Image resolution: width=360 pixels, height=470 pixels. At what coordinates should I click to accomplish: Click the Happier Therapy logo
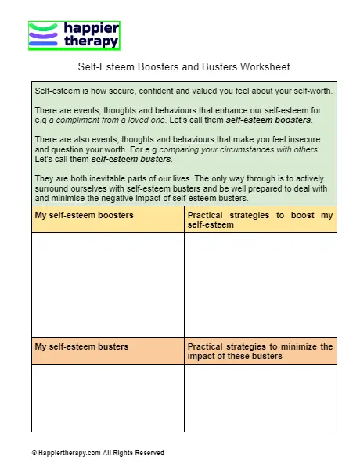pos(74,35)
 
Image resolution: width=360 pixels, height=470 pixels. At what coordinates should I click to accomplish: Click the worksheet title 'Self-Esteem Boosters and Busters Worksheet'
pos(185,67)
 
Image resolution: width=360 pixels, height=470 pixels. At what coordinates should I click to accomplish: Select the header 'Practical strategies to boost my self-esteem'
pos(260,220)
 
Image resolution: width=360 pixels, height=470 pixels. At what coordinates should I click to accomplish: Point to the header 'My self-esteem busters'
pos(81,346)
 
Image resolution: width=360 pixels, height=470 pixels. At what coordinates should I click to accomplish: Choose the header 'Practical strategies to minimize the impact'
pos(260,351)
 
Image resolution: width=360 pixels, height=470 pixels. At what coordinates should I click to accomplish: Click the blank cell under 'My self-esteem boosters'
pos(108,285)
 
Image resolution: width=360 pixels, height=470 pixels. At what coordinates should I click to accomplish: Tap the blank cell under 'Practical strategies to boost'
pos(260,285)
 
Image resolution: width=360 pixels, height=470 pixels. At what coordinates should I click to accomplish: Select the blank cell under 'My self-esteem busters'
pos(108,398)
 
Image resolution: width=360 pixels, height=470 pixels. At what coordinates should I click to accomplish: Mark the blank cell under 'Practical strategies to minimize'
pos(260,398)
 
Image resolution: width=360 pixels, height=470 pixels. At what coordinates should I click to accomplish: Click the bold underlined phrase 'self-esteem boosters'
pos(268,120)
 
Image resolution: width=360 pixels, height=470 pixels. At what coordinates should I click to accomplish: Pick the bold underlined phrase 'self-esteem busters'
pos(131,159)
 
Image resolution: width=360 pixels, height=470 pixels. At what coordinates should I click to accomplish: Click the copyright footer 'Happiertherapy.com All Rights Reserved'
pos(98,453)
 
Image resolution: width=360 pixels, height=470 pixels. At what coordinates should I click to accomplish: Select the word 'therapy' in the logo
pos(90,42)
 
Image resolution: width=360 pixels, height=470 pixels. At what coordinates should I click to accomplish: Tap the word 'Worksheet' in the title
pos(268,67)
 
